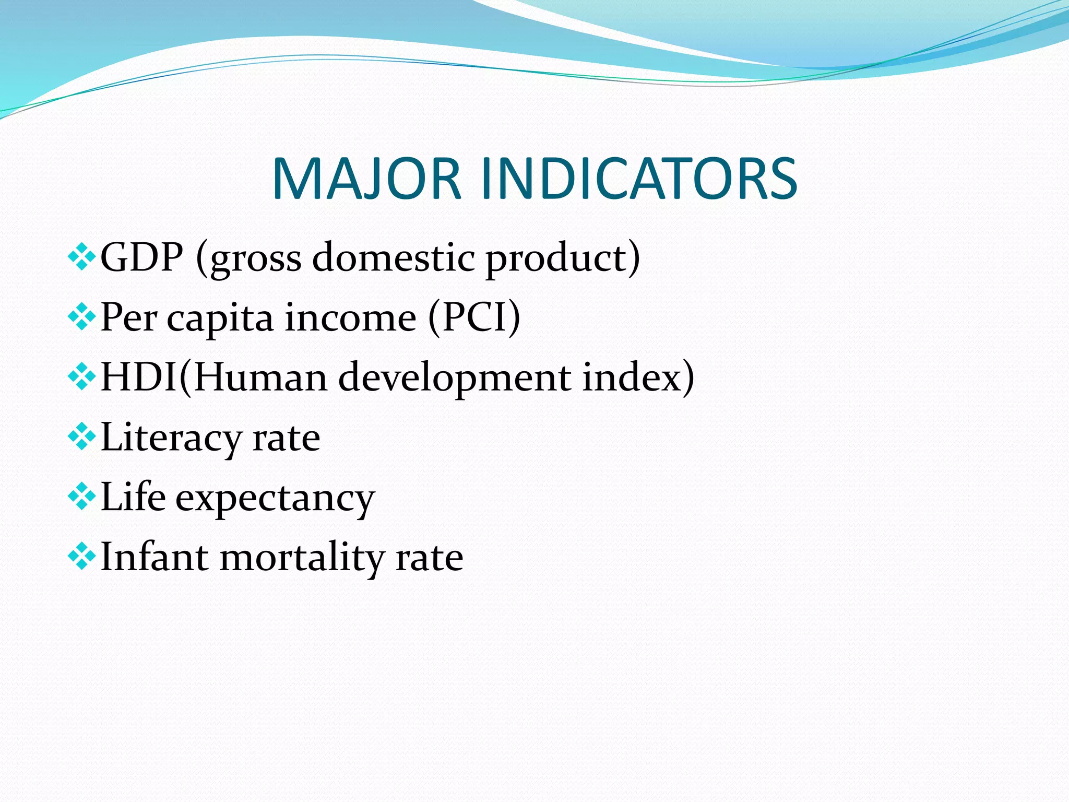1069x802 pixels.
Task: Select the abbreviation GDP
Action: click(x=141, y=257)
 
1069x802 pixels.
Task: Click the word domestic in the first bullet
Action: click(x=394, y=257)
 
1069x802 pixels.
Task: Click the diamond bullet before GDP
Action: click(x=81, y=257)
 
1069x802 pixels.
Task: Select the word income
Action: click(x=350, y=317)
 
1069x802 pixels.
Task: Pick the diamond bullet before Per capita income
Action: click(x=81, y=317)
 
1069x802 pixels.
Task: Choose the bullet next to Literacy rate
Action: click(x=81, y=437)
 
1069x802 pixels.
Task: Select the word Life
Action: click(x=133, y=497)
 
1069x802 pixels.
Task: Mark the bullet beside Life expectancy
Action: click(x=81, y=497)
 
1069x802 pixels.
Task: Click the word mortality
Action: click(x=302, y=558)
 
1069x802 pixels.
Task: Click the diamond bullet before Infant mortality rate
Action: click(x=81, y=557)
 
